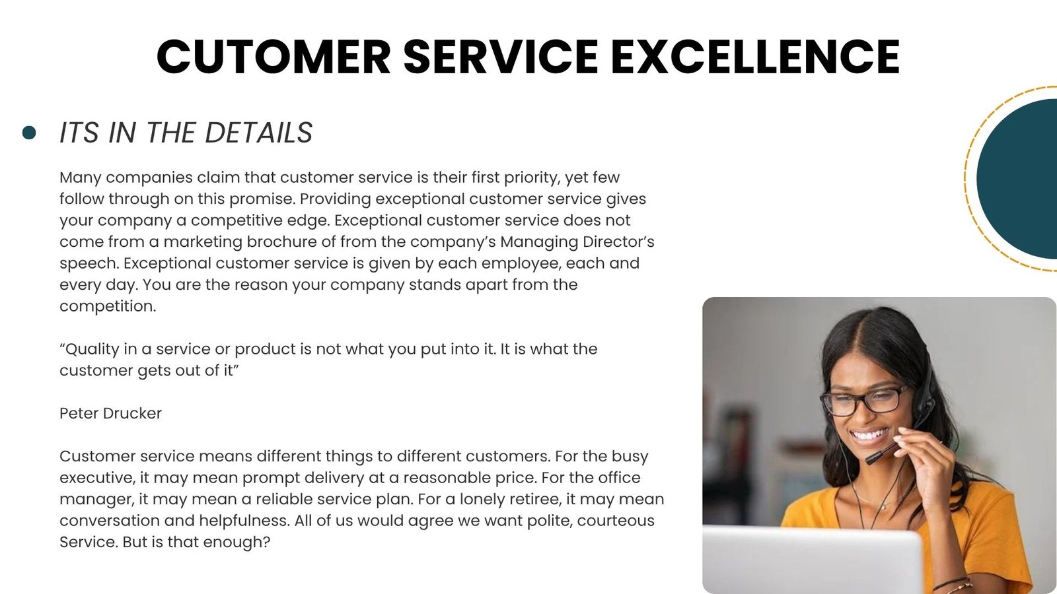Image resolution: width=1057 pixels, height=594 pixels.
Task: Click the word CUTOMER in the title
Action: click(273, 57)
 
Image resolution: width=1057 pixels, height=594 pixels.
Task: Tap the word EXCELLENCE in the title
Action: click(756, 57)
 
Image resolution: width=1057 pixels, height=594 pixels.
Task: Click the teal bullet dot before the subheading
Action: click(29, 133)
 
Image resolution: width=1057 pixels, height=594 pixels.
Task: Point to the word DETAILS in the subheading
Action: click(258, 133)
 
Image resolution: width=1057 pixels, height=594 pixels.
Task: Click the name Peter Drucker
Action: click(110, 413)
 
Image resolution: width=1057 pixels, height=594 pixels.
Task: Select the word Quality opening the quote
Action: click(89, 350)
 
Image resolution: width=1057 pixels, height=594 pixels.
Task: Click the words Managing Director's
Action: click(577, 242)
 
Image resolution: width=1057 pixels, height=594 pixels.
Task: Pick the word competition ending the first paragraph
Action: click(108, 307)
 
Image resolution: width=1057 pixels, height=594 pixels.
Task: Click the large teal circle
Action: click(1017, 179)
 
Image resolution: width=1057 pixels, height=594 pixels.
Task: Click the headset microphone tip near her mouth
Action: click(871, 459)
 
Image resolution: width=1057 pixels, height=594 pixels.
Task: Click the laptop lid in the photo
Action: click(812, 560)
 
